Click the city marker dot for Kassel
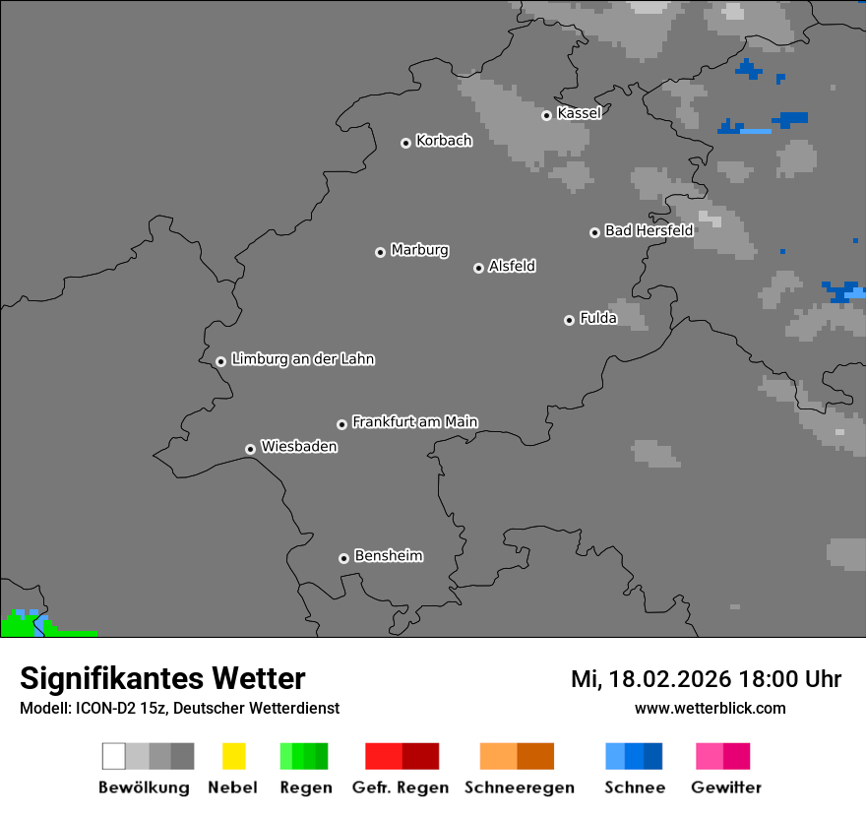click(546, 115)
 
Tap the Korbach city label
click(444, 141)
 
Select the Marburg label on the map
click(419, 250)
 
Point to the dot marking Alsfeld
click(478, 268)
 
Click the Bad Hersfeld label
click(649, 230)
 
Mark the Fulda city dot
click(569, 320)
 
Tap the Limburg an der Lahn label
click(302, 359)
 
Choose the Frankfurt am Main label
click(414, 422)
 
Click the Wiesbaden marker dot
click(250, 449)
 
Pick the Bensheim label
click(388, 556)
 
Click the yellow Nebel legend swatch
click(233, 756)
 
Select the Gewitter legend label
click(725, 787)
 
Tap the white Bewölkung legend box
click(113, 756)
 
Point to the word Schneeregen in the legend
click(519, 787)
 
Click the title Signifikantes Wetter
click(162, 678)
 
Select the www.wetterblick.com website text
click(710, 708)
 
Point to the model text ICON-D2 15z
click(116, 708)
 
